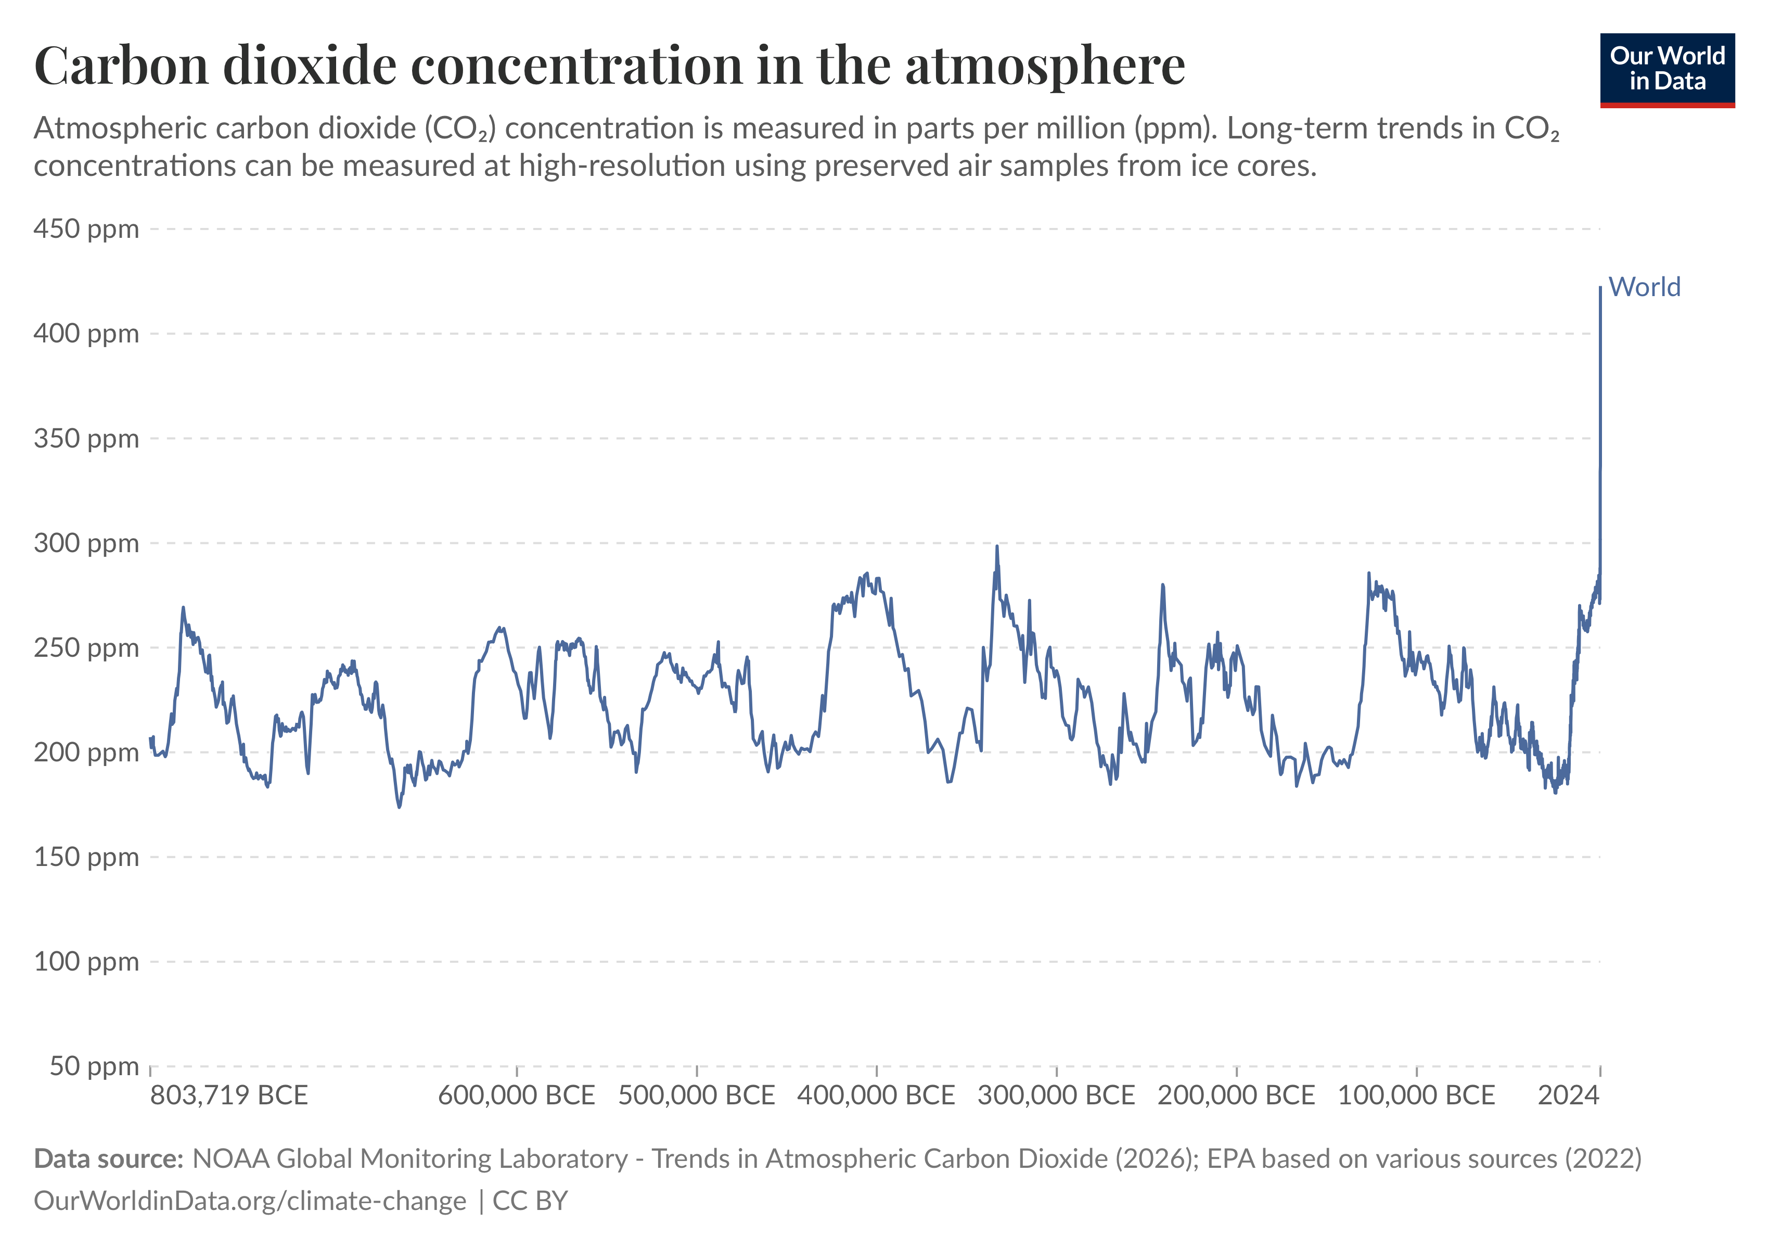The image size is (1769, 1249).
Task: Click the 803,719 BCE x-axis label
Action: [229, 1095]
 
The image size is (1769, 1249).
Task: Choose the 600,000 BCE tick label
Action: [516, 1095]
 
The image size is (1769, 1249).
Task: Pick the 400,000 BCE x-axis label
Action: [876, 1095]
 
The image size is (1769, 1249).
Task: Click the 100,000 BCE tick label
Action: [1416, 1095]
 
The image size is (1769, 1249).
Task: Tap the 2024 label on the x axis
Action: [1569, 1095]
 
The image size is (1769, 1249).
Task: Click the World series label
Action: [1644, 287]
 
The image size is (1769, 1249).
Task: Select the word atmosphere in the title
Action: [1045, 66]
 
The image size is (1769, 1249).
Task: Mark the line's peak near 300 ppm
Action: [997, 546]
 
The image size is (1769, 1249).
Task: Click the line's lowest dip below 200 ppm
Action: [399, 807]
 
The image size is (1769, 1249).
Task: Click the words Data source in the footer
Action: [108, 1159]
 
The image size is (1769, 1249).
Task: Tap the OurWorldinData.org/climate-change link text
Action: [250, 1201]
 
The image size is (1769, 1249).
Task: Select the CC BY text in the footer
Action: [530, 1201]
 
